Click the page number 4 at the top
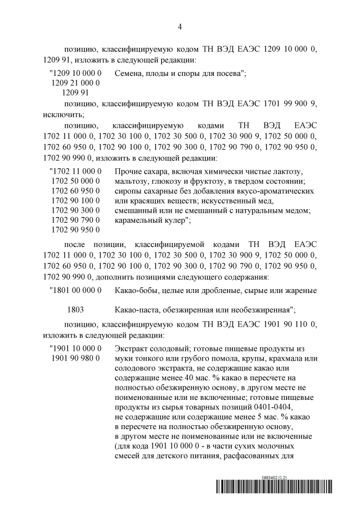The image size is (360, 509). pos(179,26)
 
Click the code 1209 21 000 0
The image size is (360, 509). pos(76,83)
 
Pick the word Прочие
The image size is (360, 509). pos(128,170)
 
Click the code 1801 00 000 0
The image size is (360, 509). pos(76,290)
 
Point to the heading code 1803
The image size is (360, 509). pos(76,309)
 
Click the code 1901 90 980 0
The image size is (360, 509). pos(76,358)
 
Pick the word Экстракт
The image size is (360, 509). pos(132,349)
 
